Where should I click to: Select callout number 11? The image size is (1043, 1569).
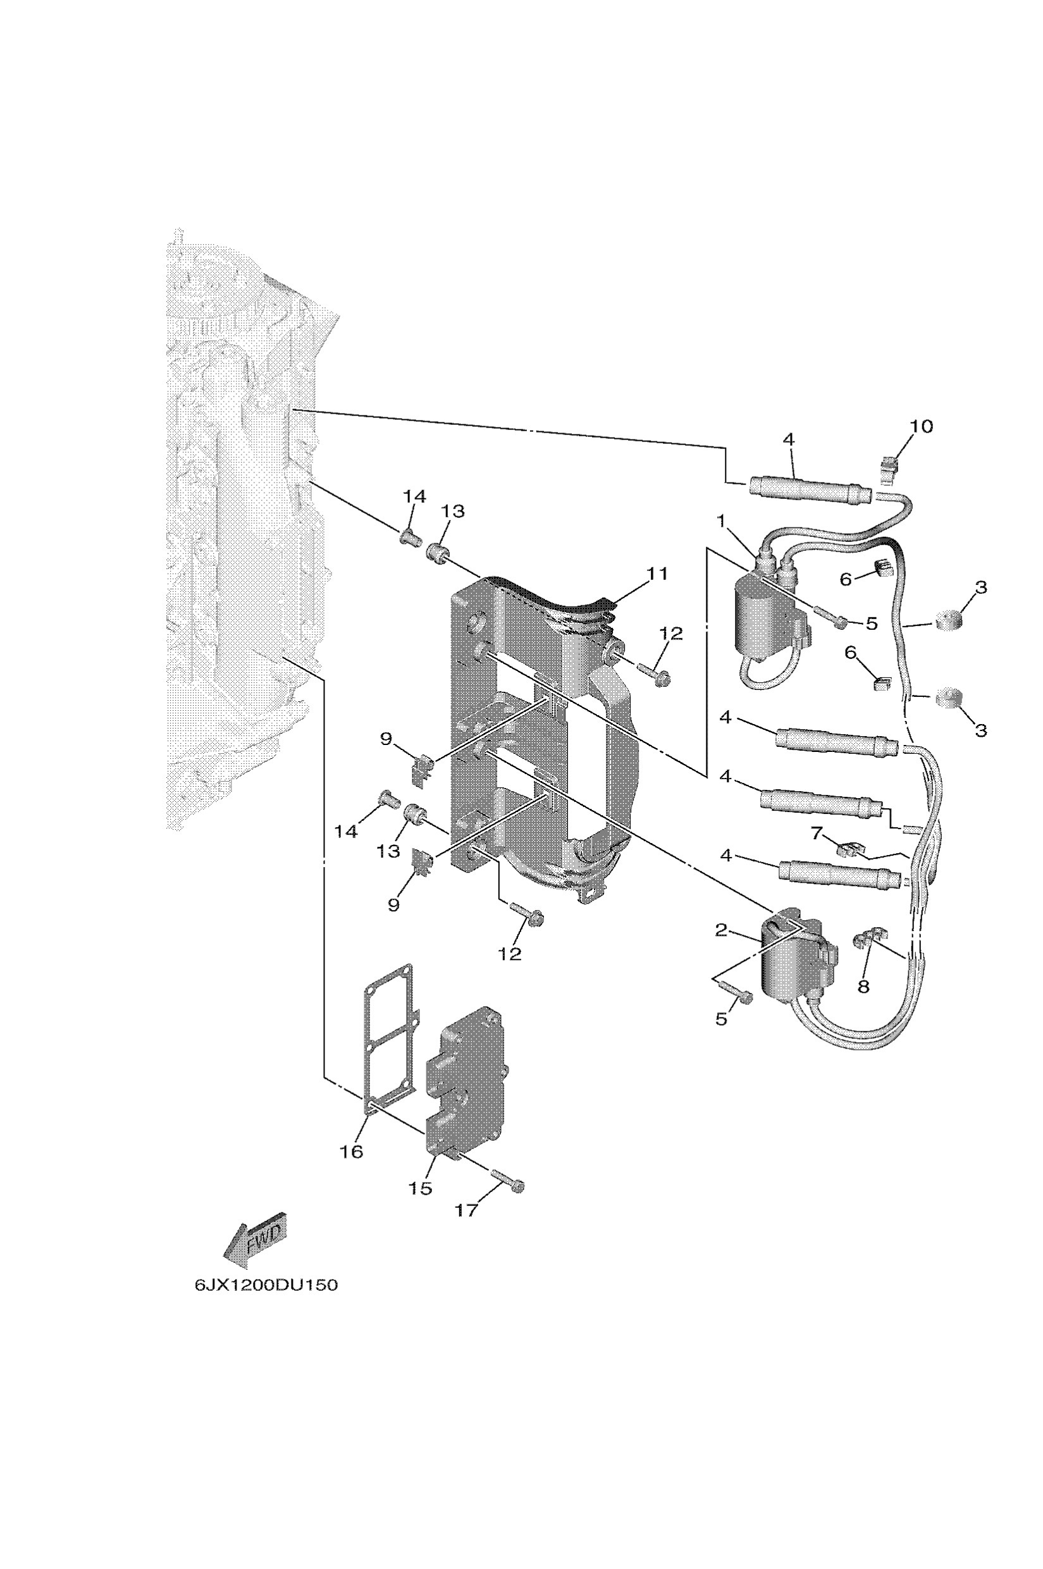[x=657, y=574]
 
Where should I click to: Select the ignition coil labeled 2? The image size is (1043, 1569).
[x=791, y=961]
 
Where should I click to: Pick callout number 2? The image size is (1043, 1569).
[x=722, y=930]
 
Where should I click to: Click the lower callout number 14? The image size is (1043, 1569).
[x=347, y=832]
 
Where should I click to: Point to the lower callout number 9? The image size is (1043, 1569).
[x=393, y=904]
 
